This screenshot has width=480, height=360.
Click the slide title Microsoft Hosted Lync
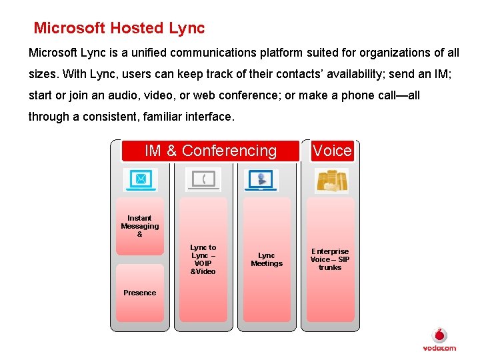119,28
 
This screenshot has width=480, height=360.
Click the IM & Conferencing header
210,151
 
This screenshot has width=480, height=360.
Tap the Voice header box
332,151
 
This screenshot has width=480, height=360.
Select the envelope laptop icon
140,180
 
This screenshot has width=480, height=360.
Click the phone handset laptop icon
203,180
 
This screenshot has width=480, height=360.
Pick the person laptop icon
261,180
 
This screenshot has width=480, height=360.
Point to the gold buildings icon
331,180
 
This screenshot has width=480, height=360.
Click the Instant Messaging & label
140,226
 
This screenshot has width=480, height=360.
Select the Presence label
140,293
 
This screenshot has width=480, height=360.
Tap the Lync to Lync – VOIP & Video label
203,259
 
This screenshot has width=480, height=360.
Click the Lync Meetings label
267,259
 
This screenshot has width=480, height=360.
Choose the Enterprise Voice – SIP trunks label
330,259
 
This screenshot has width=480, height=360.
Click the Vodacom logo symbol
440,335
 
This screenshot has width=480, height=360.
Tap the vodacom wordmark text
439,348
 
